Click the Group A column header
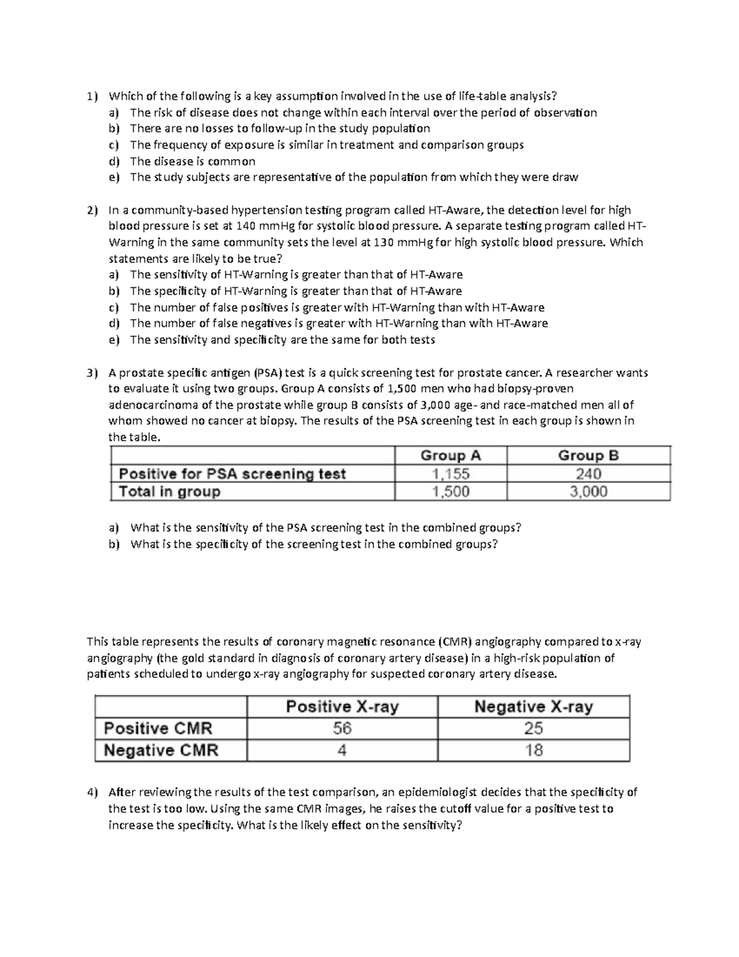(x=450, y=455)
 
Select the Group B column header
(x=588, y=455)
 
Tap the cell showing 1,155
(x=450, y=474)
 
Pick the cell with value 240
(x=588, y=474)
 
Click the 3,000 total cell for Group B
(x=588, y=492)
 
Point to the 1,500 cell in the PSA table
(x=450, y=492)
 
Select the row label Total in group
(x=169, y=492)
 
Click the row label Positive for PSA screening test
(x=232, y=474)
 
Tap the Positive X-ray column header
(x=342, y=706)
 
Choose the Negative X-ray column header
(x=533, y=706)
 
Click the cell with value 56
(x=342, y=728)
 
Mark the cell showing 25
(x=533, y=728)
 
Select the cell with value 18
(x=533, y=750)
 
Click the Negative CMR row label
(x=161, y=750)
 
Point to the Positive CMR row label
(x=158, y=728)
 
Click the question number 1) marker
(x=92, y=96)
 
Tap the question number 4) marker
(x=92, y=792)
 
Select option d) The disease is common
(x=192, y=161)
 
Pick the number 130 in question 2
(x=383, y=242)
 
